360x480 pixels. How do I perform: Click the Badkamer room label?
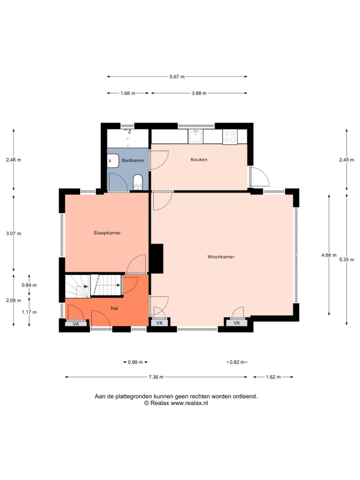tap(133, 160)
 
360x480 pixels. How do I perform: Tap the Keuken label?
tap(199, 159)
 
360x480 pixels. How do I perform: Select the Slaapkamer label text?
tap(107, 233)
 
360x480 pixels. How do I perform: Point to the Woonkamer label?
tap(221, 257)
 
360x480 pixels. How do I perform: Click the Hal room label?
tap(114, 308)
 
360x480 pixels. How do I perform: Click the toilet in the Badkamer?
tap(138, 182)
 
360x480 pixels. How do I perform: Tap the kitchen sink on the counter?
tap(195, 136)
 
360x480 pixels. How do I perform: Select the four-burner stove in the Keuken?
tap(230, 136)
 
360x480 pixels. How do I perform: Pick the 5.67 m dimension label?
tap(177, 77)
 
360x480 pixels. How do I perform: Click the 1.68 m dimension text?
tap(127, 93)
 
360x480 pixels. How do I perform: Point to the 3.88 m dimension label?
tap(199, 93)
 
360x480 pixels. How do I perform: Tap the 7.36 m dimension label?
tap(156, 377)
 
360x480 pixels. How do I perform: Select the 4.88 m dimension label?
tap(329, 255)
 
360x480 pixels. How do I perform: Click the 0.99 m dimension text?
tap(135, 362)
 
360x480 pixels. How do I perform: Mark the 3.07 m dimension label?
tap(14, 233)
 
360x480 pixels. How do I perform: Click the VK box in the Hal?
tap(76, 323)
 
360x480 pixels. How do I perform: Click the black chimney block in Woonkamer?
tap(156, 258)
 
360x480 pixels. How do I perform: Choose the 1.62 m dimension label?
tap(273, 377)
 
